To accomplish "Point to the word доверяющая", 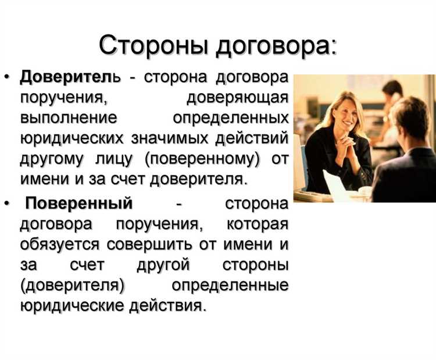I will (238, 97).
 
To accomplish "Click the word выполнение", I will (69, 117).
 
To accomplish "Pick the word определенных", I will (231, 117).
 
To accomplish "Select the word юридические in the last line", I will (72, 306).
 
